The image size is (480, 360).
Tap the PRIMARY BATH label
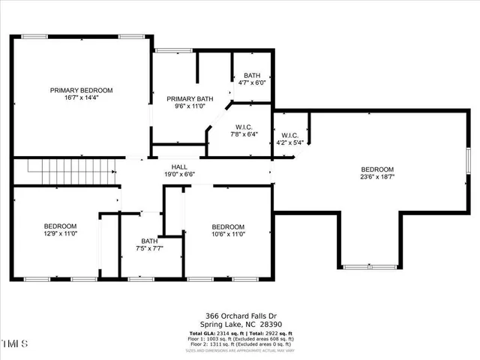pyautogui.click(x=190, y=99)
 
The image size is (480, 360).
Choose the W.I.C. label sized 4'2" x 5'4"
pyautogui.click(x=290, y=136)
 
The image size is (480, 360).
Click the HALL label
pyautogui.click(x=179, y=166)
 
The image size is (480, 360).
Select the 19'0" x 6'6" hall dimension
pyautogui.click(x=179, y=174)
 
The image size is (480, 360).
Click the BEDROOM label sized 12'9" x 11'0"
pyautogui.click(x=59, y=226)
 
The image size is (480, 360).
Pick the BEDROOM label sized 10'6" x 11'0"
pyautogui.click(x=227, y=226)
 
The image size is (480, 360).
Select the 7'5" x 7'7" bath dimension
pyautogui.click(x=149, y=248)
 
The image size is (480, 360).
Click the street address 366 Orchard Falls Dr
pyautogui.click(x=239, y=316)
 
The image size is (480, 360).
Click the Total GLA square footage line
pyautogui.click(x=239, y=332)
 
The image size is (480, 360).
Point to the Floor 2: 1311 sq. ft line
pyautogui.click(x=239, y=344)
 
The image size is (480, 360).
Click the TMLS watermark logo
pyautogui.click(x=16, y=344)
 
